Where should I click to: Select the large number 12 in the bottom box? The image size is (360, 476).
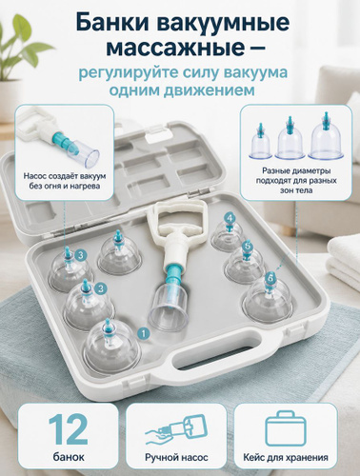(69, 429)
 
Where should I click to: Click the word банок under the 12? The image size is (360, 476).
(69, 457)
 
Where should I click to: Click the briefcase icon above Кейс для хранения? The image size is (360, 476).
(286, 428)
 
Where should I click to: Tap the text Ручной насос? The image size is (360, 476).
(176, 457)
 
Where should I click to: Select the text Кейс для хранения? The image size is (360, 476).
(286, 458)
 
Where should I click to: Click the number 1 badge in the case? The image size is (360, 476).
(144, 333)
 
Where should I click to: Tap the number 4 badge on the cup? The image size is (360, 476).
(230, 218)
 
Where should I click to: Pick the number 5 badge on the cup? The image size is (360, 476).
(248, 246)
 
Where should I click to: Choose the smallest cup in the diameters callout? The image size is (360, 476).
(261, 142)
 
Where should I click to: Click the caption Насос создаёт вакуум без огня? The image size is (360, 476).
(65, 181)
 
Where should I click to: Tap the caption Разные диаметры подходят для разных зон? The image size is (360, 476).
(296, 181)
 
